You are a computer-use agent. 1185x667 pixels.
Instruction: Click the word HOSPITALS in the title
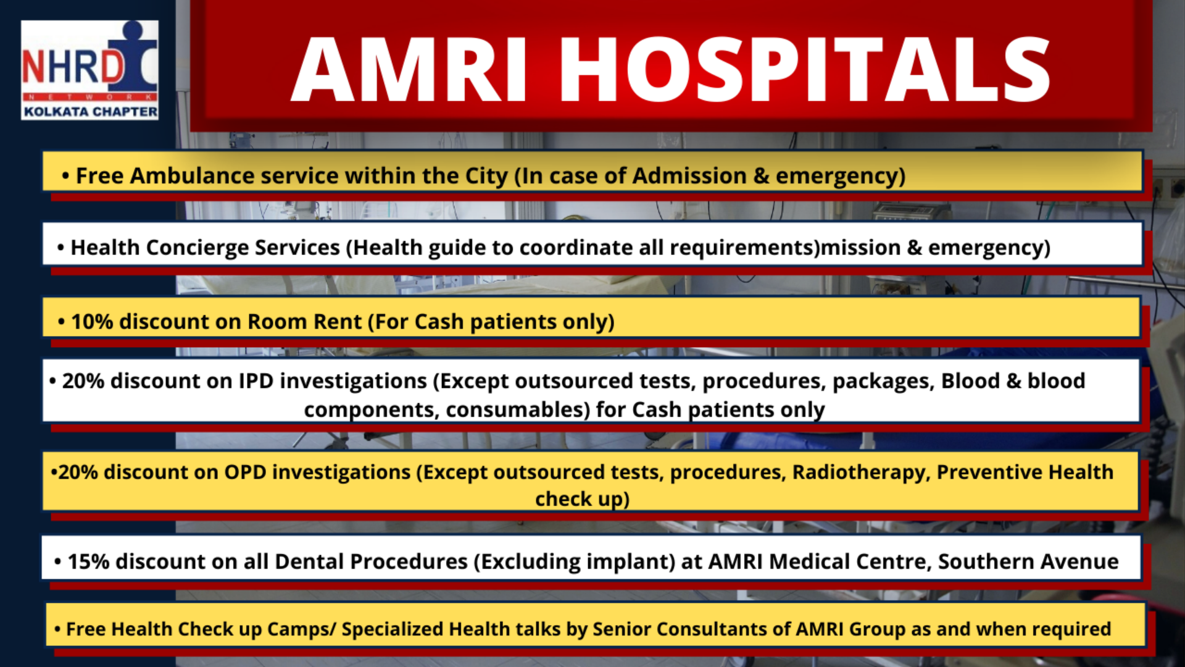coord(804,69)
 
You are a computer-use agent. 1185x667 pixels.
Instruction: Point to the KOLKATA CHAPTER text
coord(91,112)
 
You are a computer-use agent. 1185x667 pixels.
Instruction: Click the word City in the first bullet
coord(486,177)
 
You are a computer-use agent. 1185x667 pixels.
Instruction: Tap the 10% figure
coord(92,322)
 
